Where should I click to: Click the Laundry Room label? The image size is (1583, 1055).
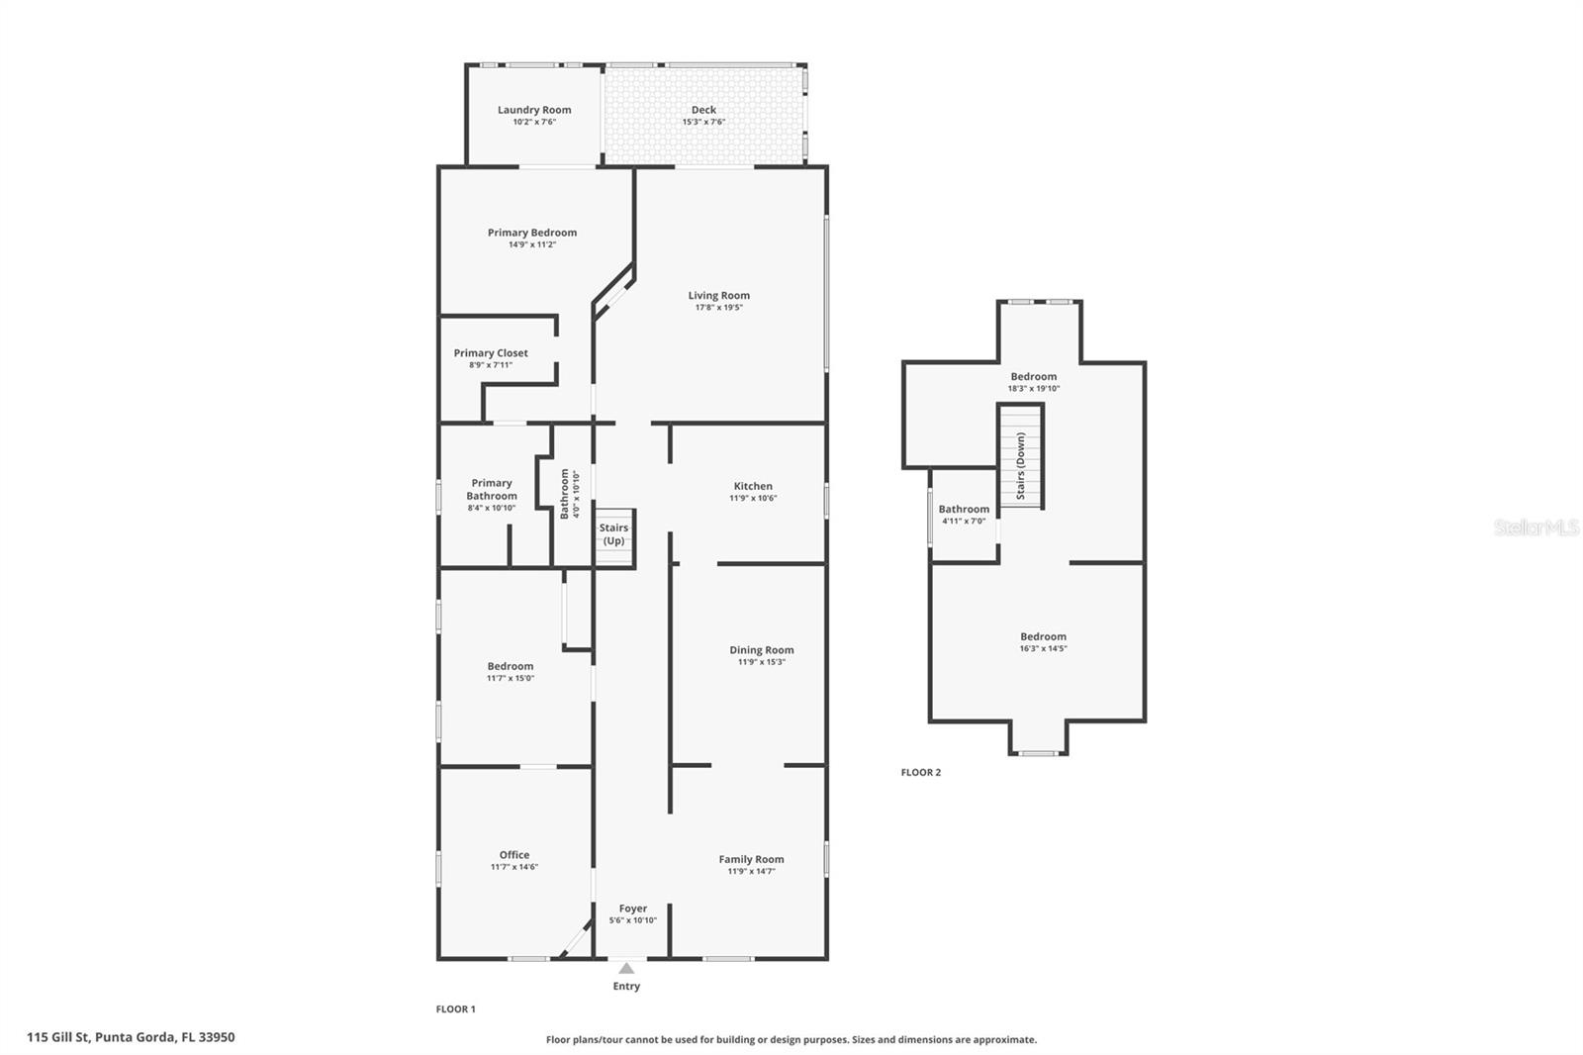[x=534, y=110]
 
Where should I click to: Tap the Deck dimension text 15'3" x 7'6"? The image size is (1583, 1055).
[x=703, y=122]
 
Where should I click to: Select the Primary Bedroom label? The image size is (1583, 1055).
[x=532, y=233]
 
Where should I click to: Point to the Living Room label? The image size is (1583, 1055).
[x=719, y=295]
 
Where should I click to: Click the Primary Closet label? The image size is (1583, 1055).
[x=491, y=352]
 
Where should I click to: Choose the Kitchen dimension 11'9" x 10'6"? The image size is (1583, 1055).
[x=753, y=498]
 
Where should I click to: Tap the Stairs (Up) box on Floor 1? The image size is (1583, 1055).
[x=613, y=535]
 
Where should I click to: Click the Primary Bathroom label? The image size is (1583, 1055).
[x=492, y=489]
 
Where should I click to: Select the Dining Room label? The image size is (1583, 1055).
[x=762, y=650]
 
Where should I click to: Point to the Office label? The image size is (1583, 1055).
[x=514, y=854]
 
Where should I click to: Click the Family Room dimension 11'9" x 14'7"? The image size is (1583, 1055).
[x=751, y=871]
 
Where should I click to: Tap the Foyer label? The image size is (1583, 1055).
[x=633, y=908]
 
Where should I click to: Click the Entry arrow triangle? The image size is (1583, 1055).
[x=626, y=968]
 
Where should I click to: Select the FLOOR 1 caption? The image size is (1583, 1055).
[x=456, y=1008]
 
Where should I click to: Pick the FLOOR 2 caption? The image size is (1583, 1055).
[x=921, y=772]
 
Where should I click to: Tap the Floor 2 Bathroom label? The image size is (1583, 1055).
[x=964, y=509]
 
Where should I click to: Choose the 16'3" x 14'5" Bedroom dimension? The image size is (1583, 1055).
[x=1044, y=648]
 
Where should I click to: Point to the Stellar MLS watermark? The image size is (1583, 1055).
[x=1536, y=527]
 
